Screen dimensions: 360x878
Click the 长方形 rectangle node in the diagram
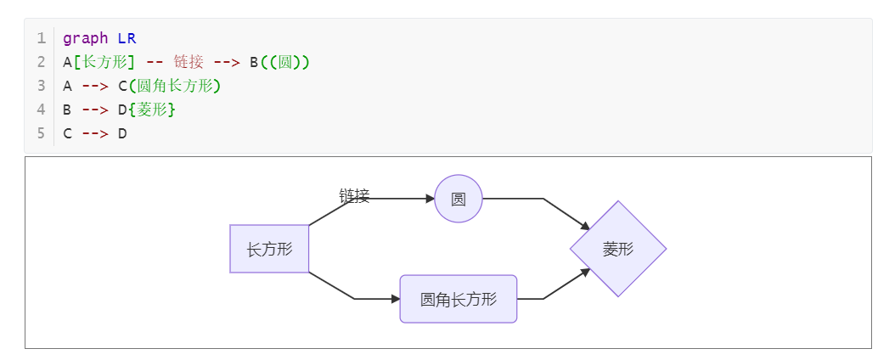coord(269,249)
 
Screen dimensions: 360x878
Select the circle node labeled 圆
coord(459,199)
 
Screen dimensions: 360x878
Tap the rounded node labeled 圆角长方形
coord(459,299)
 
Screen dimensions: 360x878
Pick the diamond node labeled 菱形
coord(618,249)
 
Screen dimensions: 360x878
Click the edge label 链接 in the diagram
coord(354,196)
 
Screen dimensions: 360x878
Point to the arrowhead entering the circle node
coord(430,199)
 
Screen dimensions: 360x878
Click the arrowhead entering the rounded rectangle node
coord(395,299)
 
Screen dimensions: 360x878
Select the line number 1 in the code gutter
coord(41,38)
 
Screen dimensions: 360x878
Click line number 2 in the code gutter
coord(41,62)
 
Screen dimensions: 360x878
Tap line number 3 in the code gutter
coord(41,86)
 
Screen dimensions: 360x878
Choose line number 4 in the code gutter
coord(41,110)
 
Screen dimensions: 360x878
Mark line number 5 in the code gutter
coord(41,133)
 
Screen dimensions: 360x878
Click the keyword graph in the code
coord(86,38)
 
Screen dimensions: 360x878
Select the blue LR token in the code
coord(127,38)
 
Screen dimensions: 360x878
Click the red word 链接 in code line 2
coord(189,62)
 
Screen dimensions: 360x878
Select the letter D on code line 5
coord(122,133)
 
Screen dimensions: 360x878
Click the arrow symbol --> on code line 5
coord(95,133)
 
